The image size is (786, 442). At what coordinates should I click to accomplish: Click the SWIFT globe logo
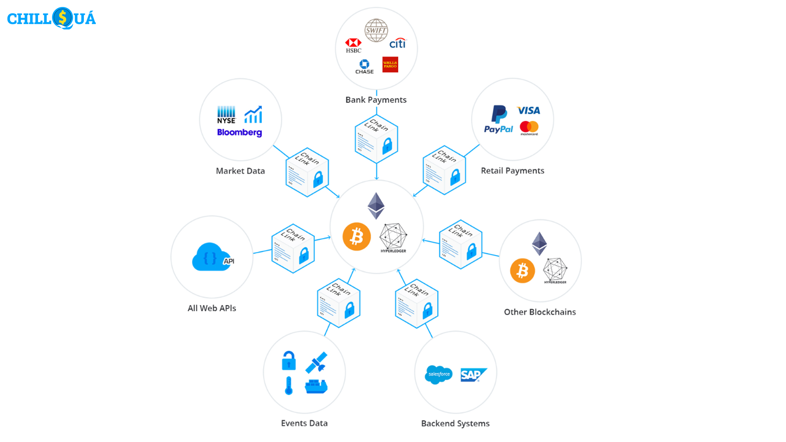pos(376,30)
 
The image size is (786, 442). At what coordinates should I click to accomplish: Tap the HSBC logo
pos(353,45)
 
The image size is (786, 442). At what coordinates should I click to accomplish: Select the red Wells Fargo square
pos(390,65)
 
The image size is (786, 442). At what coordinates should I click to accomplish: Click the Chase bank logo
pos(364,66)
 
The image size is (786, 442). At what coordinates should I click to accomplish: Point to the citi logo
pos(398,43)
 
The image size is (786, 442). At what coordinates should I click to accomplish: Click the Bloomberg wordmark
pos(239,133)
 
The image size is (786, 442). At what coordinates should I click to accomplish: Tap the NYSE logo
pos(226,115)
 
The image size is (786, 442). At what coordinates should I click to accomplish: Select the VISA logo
pos(529,110)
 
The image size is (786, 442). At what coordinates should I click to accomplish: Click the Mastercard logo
pos(529,128)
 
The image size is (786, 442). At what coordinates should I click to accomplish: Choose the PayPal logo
pos(499,120)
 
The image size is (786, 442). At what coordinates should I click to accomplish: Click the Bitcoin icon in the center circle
pos(357,237)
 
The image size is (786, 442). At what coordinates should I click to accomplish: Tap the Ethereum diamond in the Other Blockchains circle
pos(539,244)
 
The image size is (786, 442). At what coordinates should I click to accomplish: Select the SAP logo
pos(473,374)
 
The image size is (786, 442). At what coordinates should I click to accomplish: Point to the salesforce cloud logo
pos(438,374)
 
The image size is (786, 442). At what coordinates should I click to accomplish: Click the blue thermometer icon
pos(289,386)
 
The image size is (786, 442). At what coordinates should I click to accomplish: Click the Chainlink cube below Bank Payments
pos(376,139)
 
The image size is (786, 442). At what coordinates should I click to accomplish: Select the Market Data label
pos(240,171)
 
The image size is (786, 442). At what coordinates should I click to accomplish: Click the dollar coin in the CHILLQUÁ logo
pos(62,18)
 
